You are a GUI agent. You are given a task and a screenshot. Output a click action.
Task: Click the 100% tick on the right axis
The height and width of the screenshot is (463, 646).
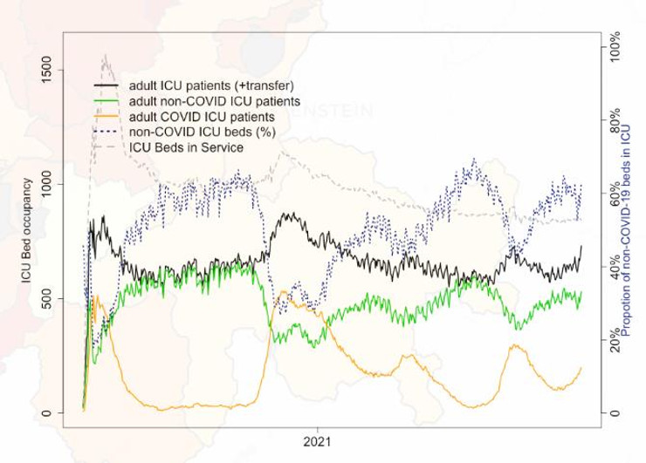point(615,51)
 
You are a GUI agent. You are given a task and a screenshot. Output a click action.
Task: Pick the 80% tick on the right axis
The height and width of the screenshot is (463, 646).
point(615,123)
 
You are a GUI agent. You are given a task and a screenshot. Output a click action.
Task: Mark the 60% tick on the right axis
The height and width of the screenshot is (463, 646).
point(615,195)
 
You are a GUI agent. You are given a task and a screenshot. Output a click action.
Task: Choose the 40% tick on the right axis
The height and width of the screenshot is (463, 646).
point(615,268)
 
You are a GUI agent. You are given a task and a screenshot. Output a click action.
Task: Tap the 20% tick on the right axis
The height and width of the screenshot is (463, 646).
point(615,340)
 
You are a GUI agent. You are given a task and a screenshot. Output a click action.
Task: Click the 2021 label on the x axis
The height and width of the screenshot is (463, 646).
point(319,443)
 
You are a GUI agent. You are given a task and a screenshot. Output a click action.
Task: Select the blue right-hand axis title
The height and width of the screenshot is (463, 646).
point(635,231)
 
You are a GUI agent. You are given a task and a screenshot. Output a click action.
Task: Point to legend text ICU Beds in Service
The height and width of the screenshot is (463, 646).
point(179,147)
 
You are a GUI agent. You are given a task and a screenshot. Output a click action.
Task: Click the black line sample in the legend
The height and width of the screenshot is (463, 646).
point(107,85)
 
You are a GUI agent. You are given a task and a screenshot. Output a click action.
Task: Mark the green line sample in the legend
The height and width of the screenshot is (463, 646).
point(107,101)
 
